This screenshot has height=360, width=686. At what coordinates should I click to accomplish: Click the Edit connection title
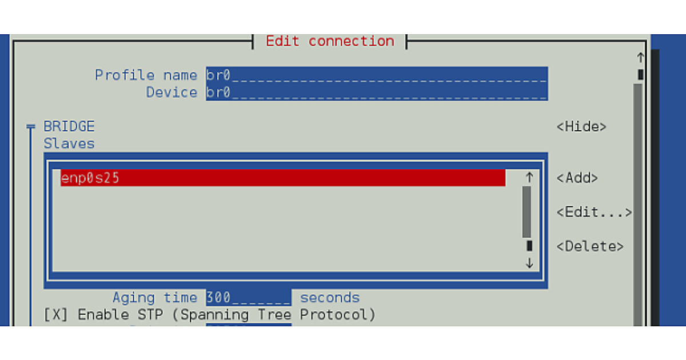tap(330, 41)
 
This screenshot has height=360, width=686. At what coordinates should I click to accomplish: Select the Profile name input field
tap(376, 75)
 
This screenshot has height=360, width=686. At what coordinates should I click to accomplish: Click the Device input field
tap(376, 93)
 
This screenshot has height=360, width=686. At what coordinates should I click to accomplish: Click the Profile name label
tap(146, 75)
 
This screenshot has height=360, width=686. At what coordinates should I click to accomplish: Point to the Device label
tap(171, 93)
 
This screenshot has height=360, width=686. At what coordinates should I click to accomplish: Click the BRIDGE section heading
tap(69, 127)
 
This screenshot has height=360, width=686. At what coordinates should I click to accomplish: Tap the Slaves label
tap(69, 144)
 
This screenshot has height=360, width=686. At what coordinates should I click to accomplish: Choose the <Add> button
tap(577, 178)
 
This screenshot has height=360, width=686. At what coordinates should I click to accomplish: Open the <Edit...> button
tap(594, 213)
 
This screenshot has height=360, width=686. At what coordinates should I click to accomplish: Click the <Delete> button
tap(590, 247)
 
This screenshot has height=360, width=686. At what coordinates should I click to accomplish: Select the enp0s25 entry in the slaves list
tap(283, 178)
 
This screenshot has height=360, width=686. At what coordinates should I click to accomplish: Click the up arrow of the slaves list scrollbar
tap(529, 178)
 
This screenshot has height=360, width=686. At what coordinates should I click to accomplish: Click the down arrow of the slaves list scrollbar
tap(529, 263)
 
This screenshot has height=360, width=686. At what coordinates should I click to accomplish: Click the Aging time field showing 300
tap(249, 298)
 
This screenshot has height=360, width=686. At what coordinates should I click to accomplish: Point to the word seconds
tap(330, 298)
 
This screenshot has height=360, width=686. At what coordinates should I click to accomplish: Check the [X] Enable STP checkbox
tap(55, 315)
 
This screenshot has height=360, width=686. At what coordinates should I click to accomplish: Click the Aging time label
tap(154, 298)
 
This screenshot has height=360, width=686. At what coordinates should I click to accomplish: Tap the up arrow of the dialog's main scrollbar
tap(640, 58)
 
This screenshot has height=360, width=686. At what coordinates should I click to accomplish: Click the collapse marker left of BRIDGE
tap(31, 127)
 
